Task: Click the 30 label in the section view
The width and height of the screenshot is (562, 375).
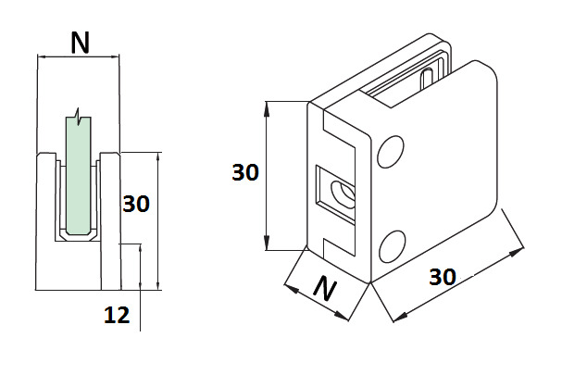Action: tap(136, 204)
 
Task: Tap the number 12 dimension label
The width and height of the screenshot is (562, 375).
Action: tap(116, 316)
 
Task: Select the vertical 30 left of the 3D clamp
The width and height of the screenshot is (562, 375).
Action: tap(245, 172)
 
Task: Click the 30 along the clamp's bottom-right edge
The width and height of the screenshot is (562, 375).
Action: tap(443, 277)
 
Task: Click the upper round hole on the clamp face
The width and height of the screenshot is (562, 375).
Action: tap(392, 152)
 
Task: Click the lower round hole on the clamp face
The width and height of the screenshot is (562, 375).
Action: tap(393, 244)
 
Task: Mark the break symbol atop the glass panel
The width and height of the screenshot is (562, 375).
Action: tap(81, 117)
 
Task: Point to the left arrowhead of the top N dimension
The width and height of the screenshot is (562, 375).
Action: tap(40, 57)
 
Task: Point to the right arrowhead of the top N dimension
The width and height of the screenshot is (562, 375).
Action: tap(119, 57)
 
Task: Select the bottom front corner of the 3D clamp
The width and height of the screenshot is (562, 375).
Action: tap(369, 281)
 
